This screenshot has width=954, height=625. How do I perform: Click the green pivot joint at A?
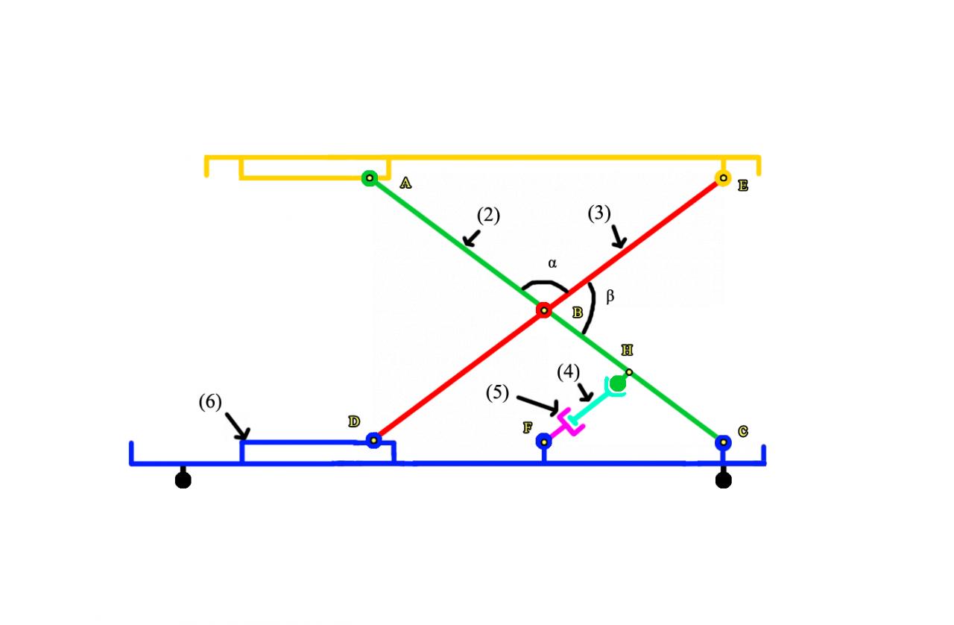(369, 178)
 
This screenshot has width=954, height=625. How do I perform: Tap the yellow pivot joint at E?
(722, 178)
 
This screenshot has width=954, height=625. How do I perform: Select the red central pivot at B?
(544, 310)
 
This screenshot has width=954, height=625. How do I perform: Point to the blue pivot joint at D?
(374, 441)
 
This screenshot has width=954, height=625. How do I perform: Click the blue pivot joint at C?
(723, 442)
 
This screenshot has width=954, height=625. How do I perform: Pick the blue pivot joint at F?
(544, 442)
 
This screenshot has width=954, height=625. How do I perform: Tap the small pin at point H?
(629, 371)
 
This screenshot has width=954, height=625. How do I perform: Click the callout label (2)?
(488, 216)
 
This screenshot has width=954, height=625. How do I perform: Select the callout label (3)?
(599, 213)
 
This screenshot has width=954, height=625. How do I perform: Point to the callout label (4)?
(569, 371)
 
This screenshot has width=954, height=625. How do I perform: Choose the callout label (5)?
(497, 393)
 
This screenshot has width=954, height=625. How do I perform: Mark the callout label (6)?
(210, 402)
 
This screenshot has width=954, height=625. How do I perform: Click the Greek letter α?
(552, 263)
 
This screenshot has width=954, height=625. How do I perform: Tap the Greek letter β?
(610, 297)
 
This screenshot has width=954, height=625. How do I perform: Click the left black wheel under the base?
(183, 480)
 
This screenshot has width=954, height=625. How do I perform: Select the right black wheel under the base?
(723, 480)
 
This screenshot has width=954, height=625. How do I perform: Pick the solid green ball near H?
(617, 383)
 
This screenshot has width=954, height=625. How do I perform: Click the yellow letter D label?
(354, 422)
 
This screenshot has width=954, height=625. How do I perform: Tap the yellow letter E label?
(742, 186)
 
